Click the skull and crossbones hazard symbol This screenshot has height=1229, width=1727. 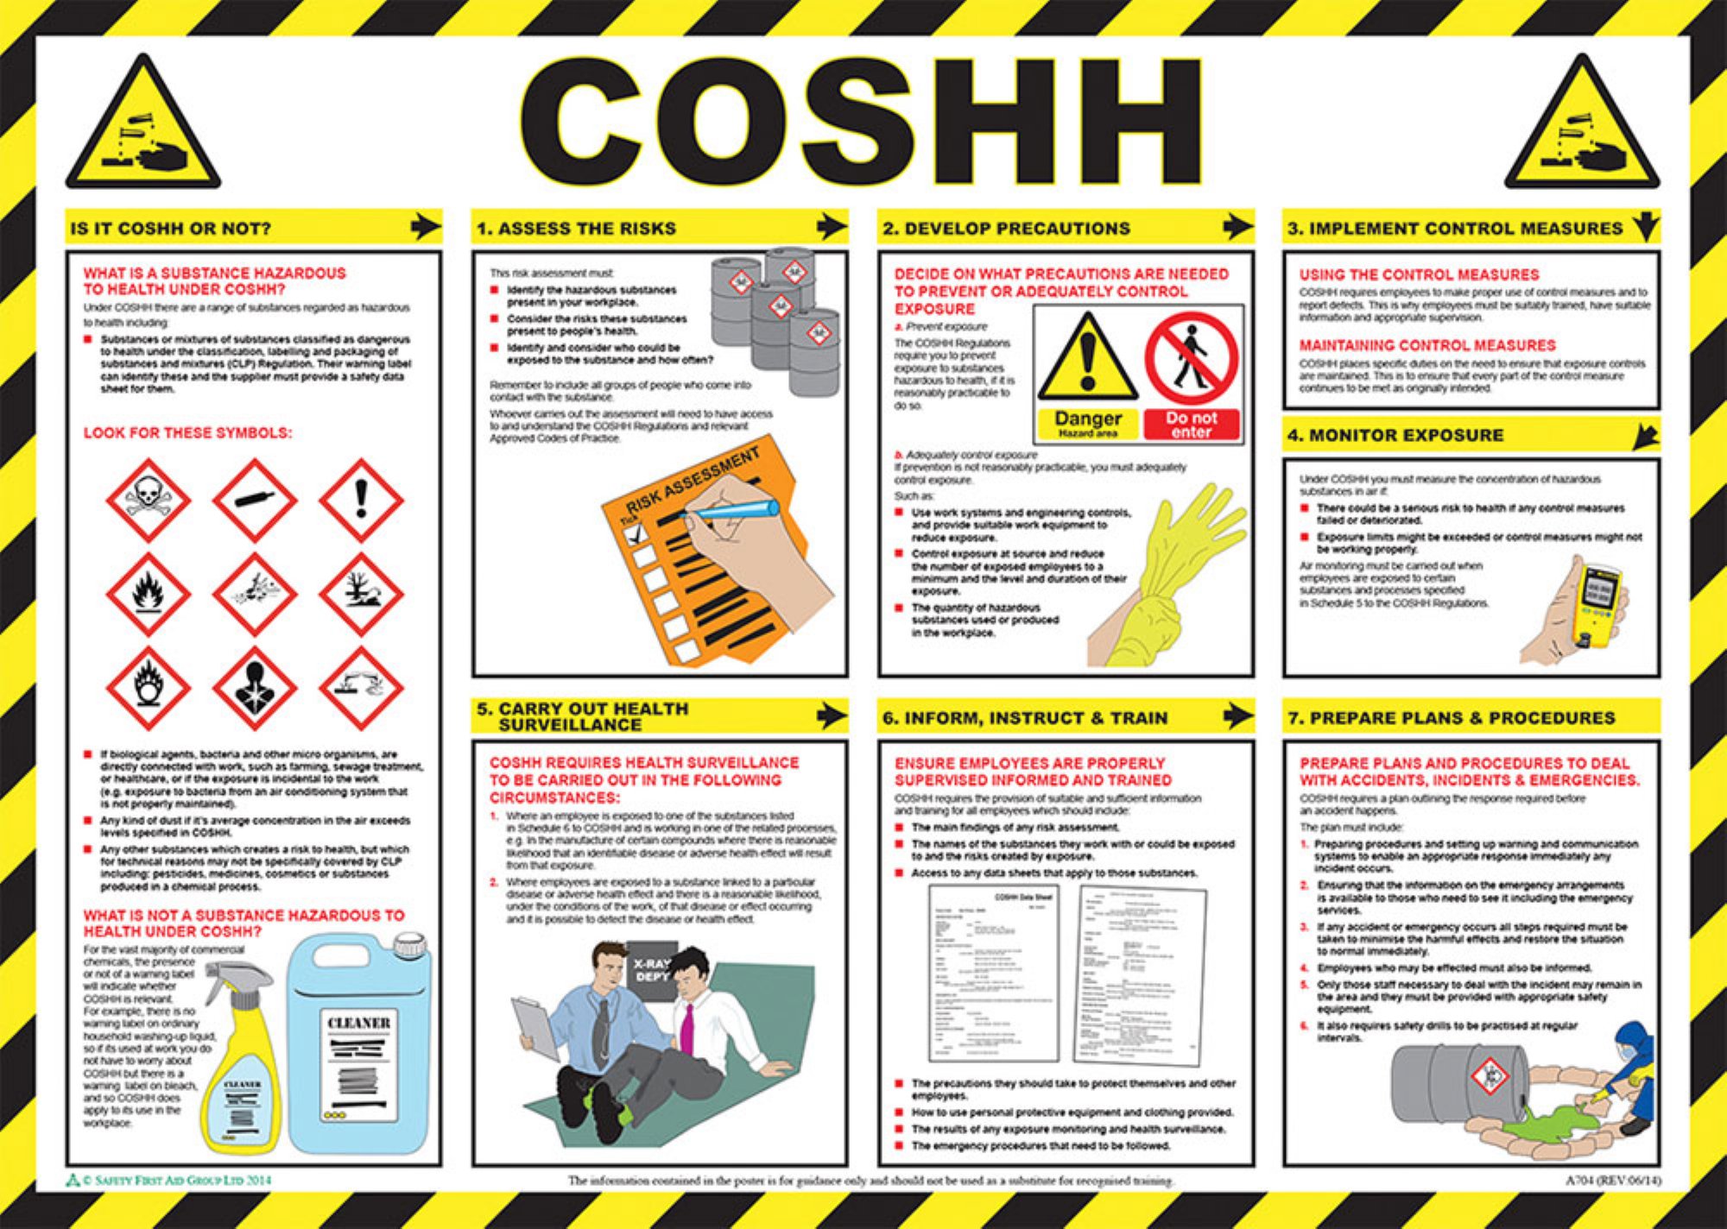point(149,501)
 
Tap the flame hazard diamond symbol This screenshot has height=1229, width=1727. point(149,595)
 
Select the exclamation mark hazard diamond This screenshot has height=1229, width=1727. point(361,501)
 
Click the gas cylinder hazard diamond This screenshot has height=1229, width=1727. point(255,501)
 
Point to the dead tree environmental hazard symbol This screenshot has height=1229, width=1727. point(361,595)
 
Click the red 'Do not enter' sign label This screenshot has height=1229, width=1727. point(1192,424)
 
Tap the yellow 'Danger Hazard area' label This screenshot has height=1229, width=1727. point(1087,424)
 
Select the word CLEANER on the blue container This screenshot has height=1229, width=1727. point(358,1023)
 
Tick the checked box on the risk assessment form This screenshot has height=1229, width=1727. point(636,533)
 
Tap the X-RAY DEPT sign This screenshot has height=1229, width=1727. point(652,970)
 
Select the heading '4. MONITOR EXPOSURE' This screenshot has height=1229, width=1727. point(1395,436)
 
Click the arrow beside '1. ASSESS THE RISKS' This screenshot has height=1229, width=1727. point(832,227)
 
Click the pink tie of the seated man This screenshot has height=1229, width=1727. point(687,1028)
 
